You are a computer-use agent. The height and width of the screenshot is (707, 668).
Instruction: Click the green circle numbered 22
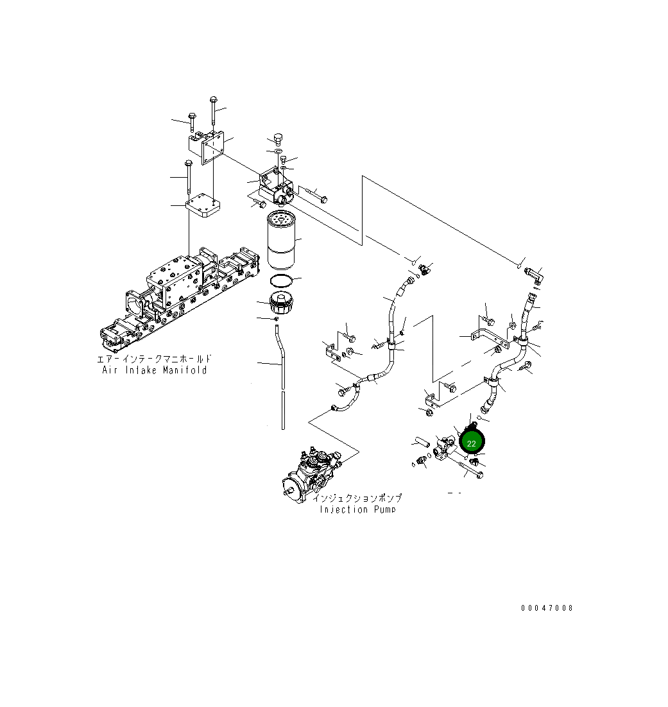[472, 443]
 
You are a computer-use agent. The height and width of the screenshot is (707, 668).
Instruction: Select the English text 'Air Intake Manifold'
[155, 370]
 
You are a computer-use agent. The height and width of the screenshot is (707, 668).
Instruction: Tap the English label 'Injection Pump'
[357, 509]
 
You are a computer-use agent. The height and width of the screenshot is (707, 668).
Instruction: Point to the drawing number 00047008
[547, 608]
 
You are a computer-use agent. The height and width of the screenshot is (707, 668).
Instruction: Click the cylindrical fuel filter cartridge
[280, 241]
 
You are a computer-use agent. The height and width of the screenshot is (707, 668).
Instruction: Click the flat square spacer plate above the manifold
[203, 209]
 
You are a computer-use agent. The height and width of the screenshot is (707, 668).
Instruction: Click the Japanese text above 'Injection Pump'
[357, 498]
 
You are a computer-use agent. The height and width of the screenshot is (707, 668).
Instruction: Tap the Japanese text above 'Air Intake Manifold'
[154, 359]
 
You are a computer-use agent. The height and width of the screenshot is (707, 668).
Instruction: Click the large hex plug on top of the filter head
[278, 139]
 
